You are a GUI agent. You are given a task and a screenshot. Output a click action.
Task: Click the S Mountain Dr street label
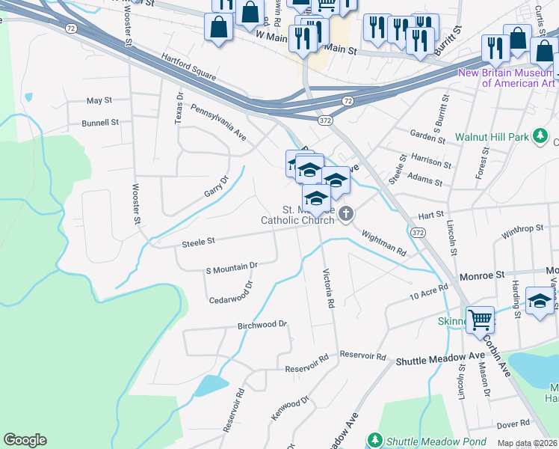pyautogui.click(x=232, y=266)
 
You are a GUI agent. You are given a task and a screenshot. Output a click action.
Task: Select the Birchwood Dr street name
pyautogui.click(x=262, y=325)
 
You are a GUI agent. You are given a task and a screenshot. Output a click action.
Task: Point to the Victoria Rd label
pyautogui.click(x=327, y=289)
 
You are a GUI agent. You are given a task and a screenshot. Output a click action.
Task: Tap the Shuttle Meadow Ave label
pyautogui.click(x=440, y=360)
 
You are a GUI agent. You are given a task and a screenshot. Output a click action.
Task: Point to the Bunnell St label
pyautogui.click(x=100, y=122)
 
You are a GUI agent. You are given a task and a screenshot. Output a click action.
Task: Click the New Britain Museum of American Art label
pyautogui.click(x=507, y=78)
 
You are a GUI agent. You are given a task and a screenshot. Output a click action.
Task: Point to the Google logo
pyautogui.click(x=25, y=440)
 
